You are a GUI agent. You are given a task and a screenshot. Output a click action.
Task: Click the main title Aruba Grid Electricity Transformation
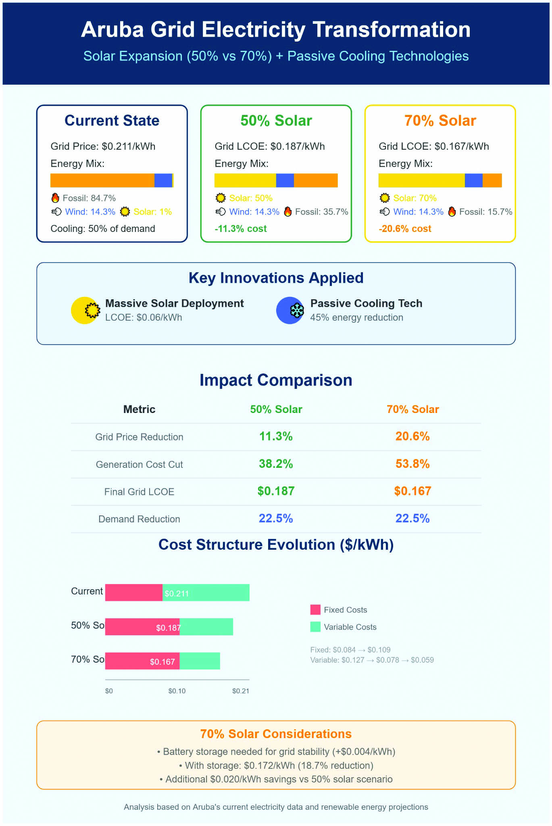(x=276, y=30)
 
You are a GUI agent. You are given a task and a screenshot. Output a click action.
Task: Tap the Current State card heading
(x=112, y=121)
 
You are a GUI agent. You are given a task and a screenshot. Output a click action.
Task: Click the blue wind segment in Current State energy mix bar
(x=163, y=180)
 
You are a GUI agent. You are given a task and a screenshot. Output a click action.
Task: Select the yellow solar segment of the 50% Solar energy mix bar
(x=245, y=180)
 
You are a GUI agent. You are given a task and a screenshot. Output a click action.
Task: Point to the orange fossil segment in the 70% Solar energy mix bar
(x=492, y=180)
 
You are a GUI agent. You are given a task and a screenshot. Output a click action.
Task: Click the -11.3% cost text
(x=241, y=229)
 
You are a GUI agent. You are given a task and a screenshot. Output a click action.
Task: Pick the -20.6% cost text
(x=405, y=229)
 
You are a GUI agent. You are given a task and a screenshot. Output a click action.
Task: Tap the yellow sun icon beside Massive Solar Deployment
(x=85, y=310)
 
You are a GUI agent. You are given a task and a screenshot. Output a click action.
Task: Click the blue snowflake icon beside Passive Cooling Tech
(x=290, y=310)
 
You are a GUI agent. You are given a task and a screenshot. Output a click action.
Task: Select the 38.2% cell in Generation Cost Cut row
(x=276, y=464)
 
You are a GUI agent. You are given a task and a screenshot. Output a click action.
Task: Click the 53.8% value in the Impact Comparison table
(x=412, y=464)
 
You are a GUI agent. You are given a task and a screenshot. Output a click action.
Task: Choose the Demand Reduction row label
(x=139, y=519)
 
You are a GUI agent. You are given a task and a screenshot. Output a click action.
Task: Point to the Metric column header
(x=139, y=409)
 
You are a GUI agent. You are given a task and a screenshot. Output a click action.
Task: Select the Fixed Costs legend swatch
(x=315, y=609)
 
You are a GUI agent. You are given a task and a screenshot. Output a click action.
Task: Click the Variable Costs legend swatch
(x=315, y=627)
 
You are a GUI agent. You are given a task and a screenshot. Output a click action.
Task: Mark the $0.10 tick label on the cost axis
(x=177, y=691)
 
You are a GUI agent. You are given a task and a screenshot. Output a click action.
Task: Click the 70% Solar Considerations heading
(x=276, y=734)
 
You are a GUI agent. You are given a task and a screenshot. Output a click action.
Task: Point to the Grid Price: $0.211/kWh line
(x=103, y=146)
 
